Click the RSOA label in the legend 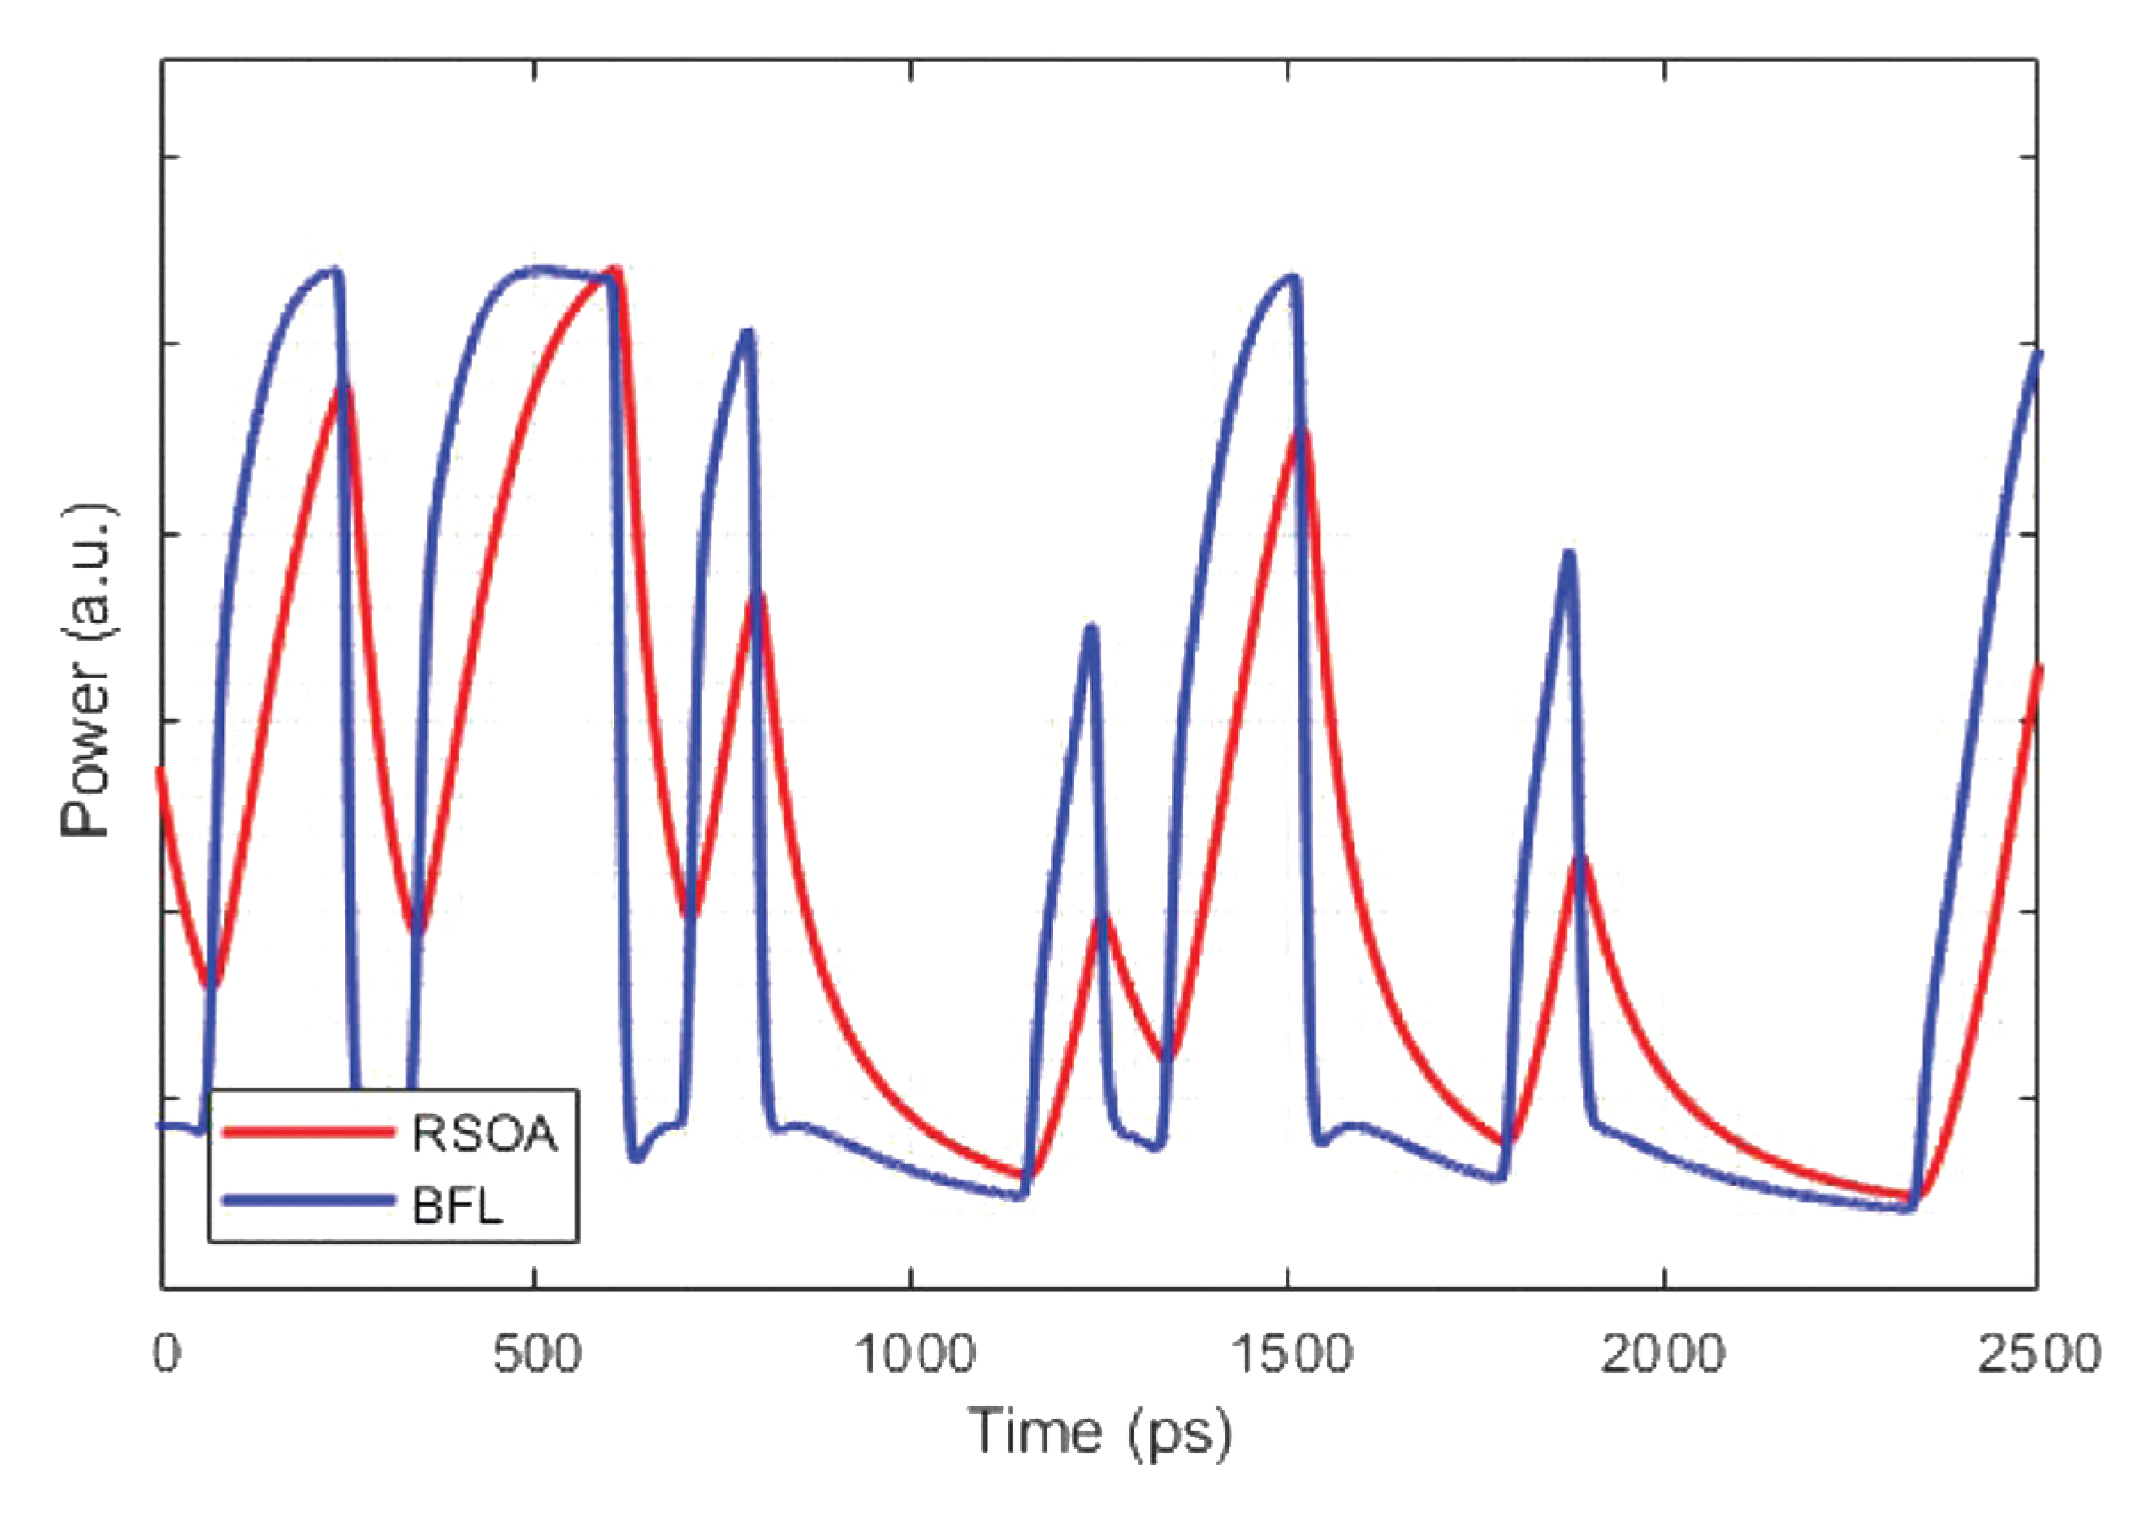484,1133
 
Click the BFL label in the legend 459,1207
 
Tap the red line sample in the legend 307,1132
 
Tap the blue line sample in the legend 307,1202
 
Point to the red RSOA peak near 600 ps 615,271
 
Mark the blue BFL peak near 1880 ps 1569,555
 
